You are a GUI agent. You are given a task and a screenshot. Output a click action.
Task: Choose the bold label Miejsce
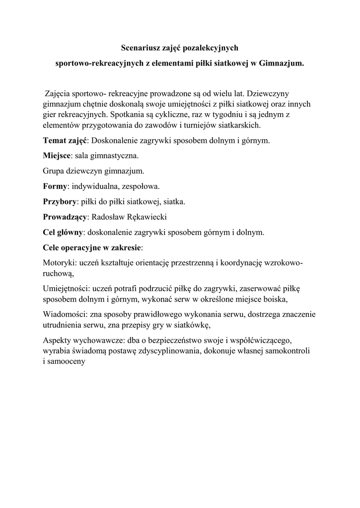(58, 156)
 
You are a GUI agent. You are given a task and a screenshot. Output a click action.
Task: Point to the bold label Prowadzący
(65, 217)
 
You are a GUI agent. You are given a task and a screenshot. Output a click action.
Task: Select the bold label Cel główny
(63, 232)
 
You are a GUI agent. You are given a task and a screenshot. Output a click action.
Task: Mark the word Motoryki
(57, 263)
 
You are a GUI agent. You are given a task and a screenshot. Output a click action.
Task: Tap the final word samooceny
(68, 362)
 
